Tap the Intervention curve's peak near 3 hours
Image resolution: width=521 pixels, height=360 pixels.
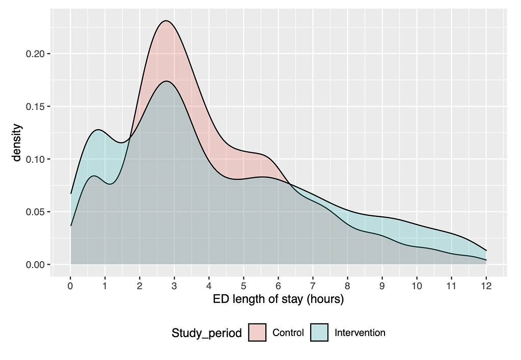[166, 81]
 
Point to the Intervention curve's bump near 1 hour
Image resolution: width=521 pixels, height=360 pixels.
[98, 129]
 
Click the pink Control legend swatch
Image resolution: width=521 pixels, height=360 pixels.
[257, 333]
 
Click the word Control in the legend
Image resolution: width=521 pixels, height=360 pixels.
[288, 333]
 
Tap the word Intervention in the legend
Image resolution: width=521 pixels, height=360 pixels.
[360, 333]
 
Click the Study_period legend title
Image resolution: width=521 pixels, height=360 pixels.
[207, 334]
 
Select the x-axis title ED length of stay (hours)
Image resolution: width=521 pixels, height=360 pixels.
[278, 299]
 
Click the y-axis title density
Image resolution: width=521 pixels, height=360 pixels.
[17, 143]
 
